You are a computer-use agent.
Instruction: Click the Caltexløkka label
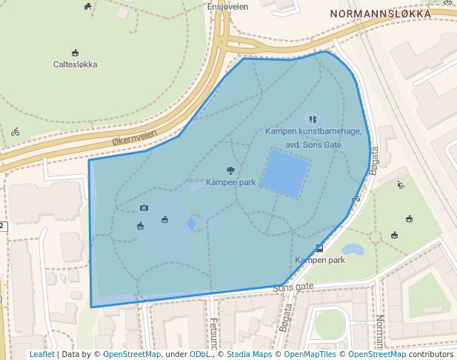coord(75,64)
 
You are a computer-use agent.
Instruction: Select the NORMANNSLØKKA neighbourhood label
coord(381,14)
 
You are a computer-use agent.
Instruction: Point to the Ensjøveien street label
coord(227,7)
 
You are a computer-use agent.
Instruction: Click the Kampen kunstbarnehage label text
coord(313,131)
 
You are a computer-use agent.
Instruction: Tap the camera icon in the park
coord(144,208)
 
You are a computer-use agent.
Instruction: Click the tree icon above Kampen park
coord(230,170)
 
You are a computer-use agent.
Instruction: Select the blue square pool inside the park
coord(285,173)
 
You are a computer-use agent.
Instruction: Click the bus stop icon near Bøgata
coord(319,248)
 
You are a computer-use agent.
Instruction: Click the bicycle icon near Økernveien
coord(16,132)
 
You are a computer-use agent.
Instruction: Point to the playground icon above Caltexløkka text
coord(75,53)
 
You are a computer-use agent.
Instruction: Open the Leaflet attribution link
coord(42,354)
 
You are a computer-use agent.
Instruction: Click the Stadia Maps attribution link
coord(249,354)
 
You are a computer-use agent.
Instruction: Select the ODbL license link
coord(199,354)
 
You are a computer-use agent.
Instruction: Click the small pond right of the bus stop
coord(353,250)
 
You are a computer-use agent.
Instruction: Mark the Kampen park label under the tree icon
coord(230,182)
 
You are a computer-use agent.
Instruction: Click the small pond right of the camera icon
coord(193,223)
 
